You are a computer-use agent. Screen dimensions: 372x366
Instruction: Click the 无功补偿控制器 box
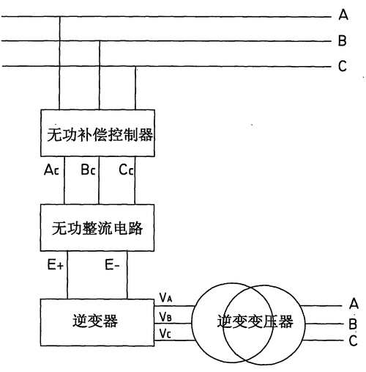click(97, 133)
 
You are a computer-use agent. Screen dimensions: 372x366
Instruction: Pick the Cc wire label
click(126, 169)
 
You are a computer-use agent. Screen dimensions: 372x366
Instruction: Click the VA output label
click(166, 296)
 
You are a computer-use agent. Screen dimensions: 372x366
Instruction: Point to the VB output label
click(166, 316)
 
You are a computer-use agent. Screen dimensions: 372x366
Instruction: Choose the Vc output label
click(166, 334)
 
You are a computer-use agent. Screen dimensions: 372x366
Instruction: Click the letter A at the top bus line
click(342, 15)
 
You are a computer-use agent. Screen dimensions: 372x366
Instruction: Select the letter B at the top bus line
click(342, 41)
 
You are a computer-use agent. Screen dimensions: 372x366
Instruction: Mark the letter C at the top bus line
click(342, 67)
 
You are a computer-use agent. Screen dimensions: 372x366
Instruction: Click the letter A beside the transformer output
click(354, 303)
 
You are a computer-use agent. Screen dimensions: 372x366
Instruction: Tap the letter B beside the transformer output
click(354, 322)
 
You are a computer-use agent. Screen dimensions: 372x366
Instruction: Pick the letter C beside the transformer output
click(354, 340)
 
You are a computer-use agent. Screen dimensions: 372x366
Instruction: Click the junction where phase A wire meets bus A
click(59, 15)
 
